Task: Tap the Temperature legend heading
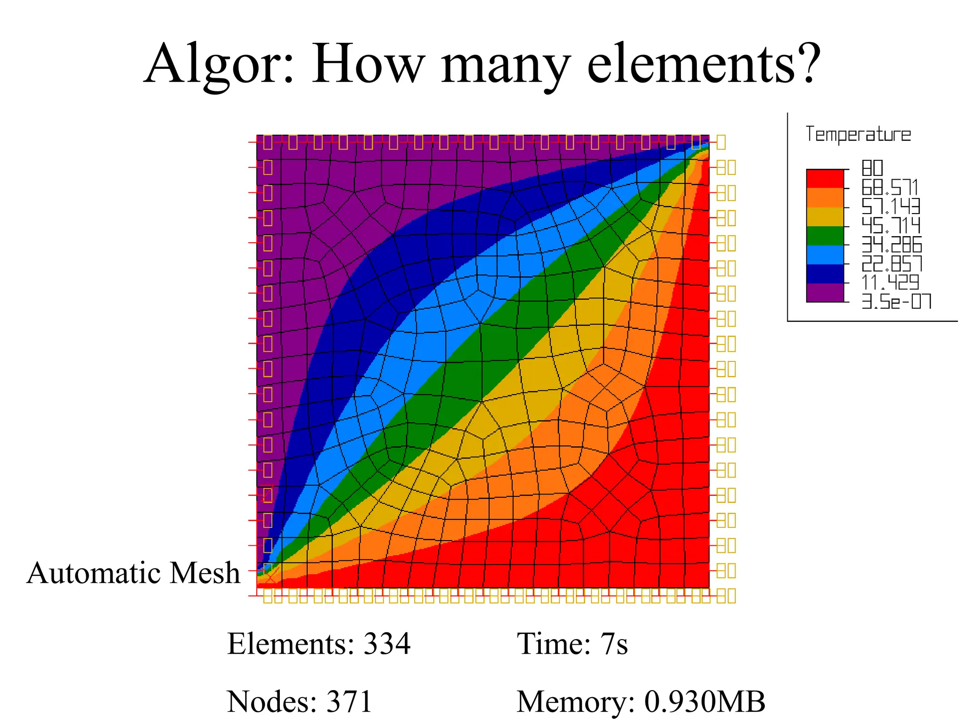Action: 858,135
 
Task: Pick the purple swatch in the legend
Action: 825,293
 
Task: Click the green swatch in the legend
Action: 825,236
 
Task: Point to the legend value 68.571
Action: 890,188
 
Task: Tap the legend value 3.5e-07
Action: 896,301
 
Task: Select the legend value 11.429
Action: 890,282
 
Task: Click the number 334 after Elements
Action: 386,644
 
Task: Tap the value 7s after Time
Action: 613,644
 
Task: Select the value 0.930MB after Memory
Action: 704,701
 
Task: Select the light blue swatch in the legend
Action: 825,255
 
